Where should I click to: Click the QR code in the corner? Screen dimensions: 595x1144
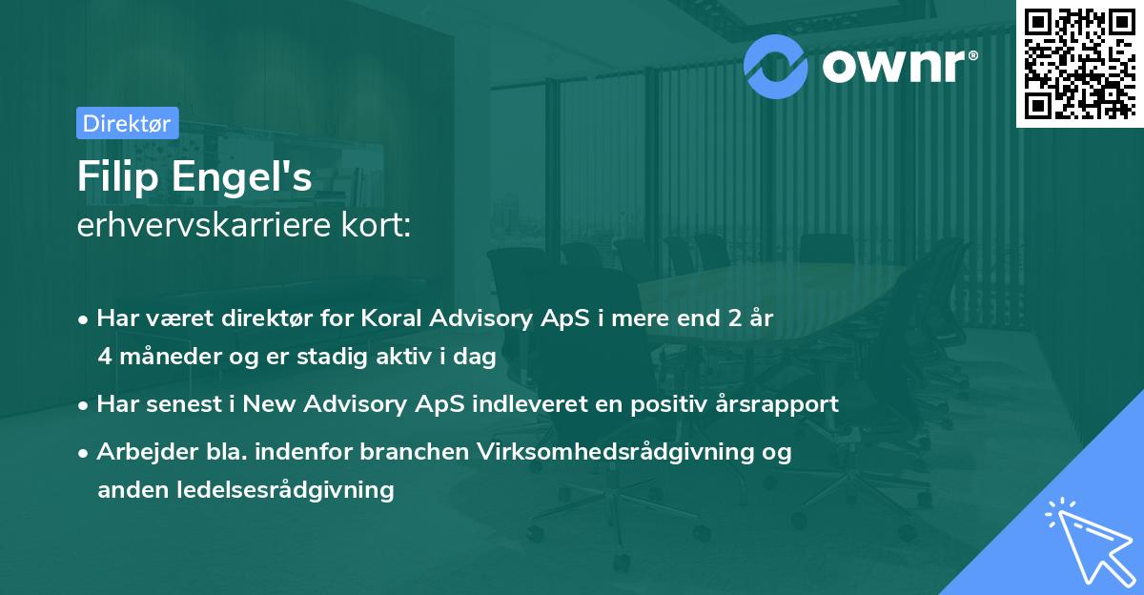(x=1079, y=63)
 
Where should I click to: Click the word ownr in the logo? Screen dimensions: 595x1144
(x=896, y=65)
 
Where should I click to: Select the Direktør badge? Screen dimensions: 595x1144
(x=127, y=123)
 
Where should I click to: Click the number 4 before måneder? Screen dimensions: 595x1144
(x=104, y=357)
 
